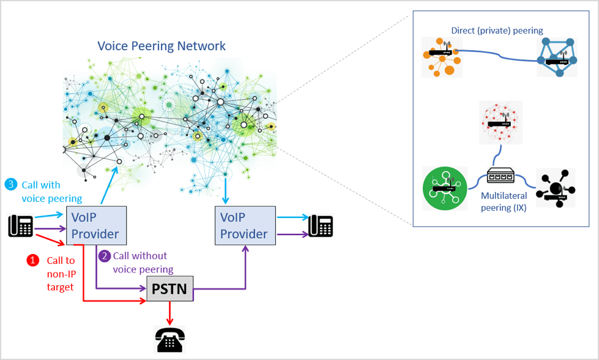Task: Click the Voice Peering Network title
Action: [x=162, y=46]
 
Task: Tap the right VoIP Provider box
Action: [x=244, y=225]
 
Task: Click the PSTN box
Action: [x=169, y=289]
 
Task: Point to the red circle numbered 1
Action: [x=32, y=260]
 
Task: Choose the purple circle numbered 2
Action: [x=104, y=256]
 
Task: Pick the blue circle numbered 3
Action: [x=10, y=184]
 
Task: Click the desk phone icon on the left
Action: [x=20, y=225]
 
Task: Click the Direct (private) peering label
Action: [x=496, y=30]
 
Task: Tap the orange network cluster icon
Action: [x=441, y=56]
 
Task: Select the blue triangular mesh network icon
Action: [x=556, y=56]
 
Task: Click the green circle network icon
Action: [x=444, y=187]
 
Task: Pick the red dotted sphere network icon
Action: [x=500, y=122]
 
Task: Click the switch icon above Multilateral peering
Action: [x=500, y=177]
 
